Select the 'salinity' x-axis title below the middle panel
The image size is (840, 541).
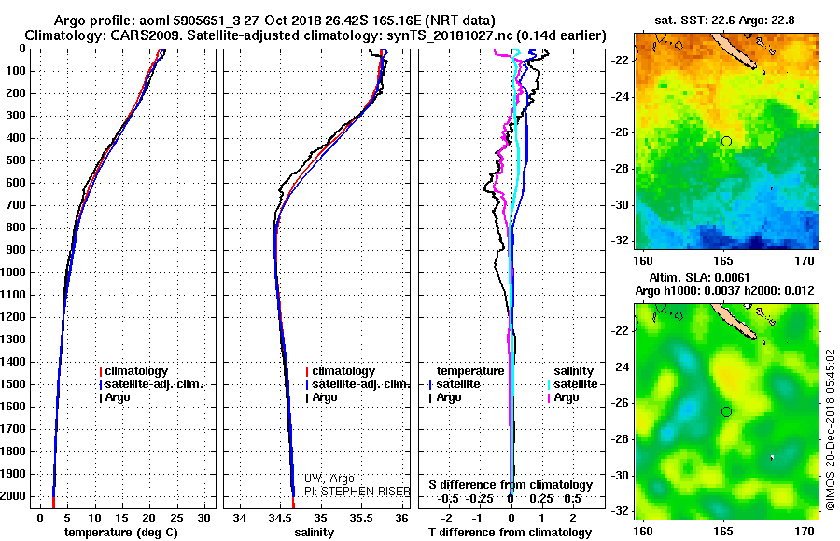[313, 532]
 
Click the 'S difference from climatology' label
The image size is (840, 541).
[511, 485]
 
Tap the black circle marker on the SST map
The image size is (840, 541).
[726, 141]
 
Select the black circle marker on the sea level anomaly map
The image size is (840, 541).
[726, 411]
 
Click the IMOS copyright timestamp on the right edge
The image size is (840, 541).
[830, 431]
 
